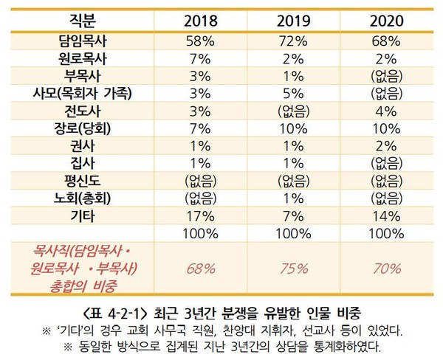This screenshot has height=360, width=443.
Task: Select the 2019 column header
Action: pos(292,19)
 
